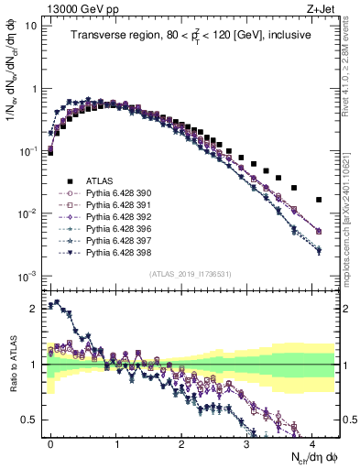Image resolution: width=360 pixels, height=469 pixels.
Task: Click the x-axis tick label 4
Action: [312, 442]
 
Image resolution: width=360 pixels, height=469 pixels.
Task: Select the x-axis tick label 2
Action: [181, 442]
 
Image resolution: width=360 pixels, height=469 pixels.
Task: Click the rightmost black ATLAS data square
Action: [319, 200]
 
